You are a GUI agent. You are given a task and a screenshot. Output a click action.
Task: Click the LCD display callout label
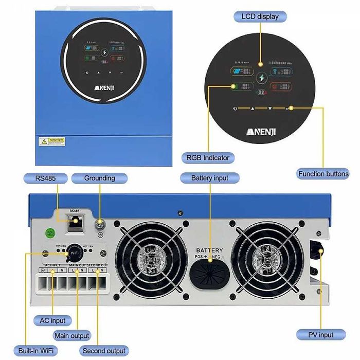(260, 16)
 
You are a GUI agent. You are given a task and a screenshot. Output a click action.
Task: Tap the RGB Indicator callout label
(208, 157)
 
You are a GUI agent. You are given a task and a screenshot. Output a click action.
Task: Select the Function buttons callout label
(323, 174)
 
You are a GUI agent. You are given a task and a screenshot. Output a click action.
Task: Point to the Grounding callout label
(99, 178)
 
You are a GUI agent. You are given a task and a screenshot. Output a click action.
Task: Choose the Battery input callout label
(210, 178)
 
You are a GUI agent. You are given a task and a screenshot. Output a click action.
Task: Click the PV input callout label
(320, 335)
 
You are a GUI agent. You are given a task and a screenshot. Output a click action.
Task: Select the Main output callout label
(71, 336)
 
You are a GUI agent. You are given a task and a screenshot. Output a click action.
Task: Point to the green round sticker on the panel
(51, 232)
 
